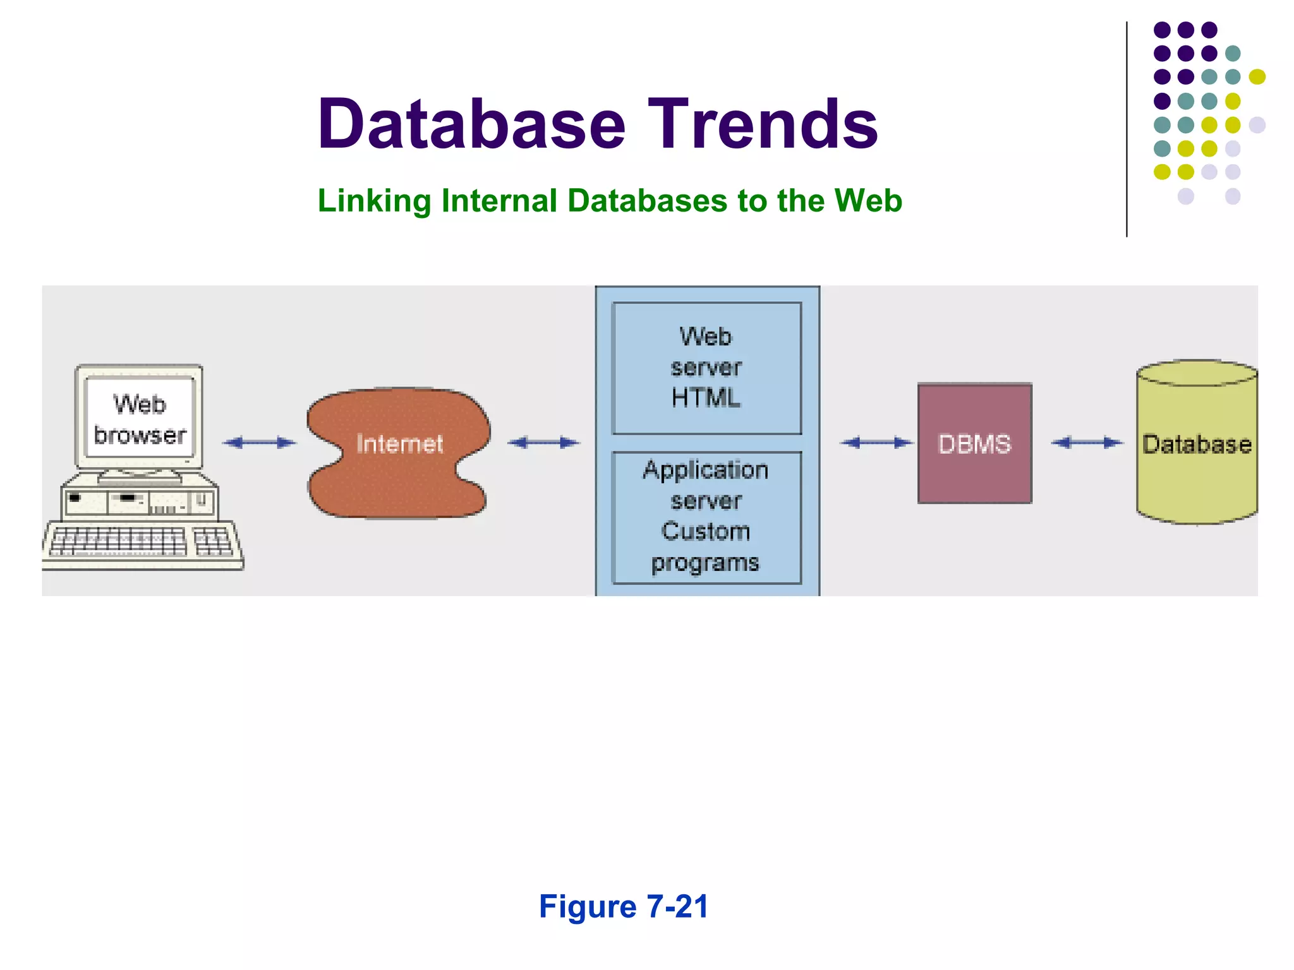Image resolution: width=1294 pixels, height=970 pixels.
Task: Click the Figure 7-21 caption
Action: (x=624, y=907)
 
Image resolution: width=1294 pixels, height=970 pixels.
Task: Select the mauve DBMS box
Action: (x=974, y=443)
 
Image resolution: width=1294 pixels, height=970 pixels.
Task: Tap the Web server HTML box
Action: (x=706, y=368)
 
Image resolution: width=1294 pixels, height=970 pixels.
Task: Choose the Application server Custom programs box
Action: (x=706, y=517)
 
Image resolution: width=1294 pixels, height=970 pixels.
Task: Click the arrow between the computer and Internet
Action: (x=260, y=443)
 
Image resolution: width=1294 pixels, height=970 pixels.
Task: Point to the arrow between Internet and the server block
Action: (x=543, y=443)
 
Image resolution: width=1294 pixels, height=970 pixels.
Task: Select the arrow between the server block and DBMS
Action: (x=876, y=443)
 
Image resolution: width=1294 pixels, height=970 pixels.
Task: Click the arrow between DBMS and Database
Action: (x=1087, y=443)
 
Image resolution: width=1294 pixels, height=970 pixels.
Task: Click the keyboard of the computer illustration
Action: (x=142, y=544)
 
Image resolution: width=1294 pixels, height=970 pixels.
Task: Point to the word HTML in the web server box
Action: (x=705, y=398)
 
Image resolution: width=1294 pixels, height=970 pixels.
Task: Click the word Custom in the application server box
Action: (x=705, y=531)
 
